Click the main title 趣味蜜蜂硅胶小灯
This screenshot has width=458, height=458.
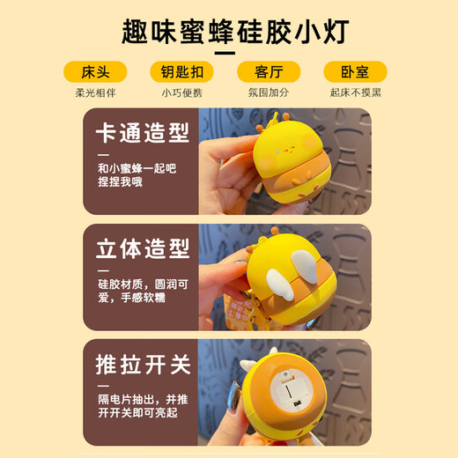pyautogui.click(x=235, y=32)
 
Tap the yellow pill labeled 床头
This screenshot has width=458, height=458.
pyautogui.click(x=95, y=72)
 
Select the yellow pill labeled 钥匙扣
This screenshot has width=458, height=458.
pyautogui.click(x=181, y=72)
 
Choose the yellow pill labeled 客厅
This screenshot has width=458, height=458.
pyautogui.click(x=269, y=72)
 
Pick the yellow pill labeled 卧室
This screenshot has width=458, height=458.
pyautogui.click(x=355, y=72)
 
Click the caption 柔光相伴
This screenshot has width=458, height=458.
pyautogui.click(x=95, y=92)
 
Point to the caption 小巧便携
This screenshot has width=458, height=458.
pyautogui.click(x=182, y=92)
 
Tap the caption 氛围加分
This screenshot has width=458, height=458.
pyautogui.click(x=269, y=92)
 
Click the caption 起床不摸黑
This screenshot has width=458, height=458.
pyautogui.click(x=356, y=92)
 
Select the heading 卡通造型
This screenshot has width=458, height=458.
pyautogui.click(x=143, y=133)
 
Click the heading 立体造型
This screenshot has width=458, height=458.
pyautogui.click(x=143, y=248)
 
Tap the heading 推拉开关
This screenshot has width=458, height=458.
pyautogui.click(x=143, y=365)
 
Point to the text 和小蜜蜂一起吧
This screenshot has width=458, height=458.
pyautogui.click(x=137, y=168)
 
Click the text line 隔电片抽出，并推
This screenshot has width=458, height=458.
pyautogui.click(x=143, y=400)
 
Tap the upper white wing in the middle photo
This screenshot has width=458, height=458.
pyautogui.click(x=304, y=267)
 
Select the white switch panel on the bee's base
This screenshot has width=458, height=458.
pyautogui.click(x=290, y=389)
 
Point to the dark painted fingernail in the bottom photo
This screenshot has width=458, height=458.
pyautogui.click(x=235, y=395)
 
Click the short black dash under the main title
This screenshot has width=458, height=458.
pyautogui.click(x=225, y=53)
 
